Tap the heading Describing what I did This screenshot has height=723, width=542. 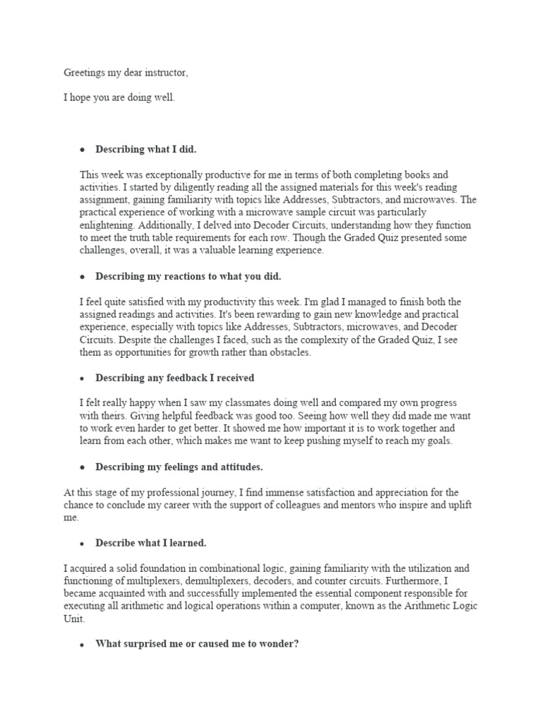[146, 150]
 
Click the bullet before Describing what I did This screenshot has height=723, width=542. [83, 150]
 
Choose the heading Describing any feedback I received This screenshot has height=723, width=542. [175, 378]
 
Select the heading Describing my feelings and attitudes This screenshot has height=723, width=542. [179, 467]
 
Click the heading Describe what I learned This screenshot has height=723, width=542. [150, 543]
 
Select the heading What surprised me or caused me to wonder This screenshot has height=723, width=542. [197, 645]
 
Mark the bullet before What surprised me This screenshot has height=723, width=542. [83, 645]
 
